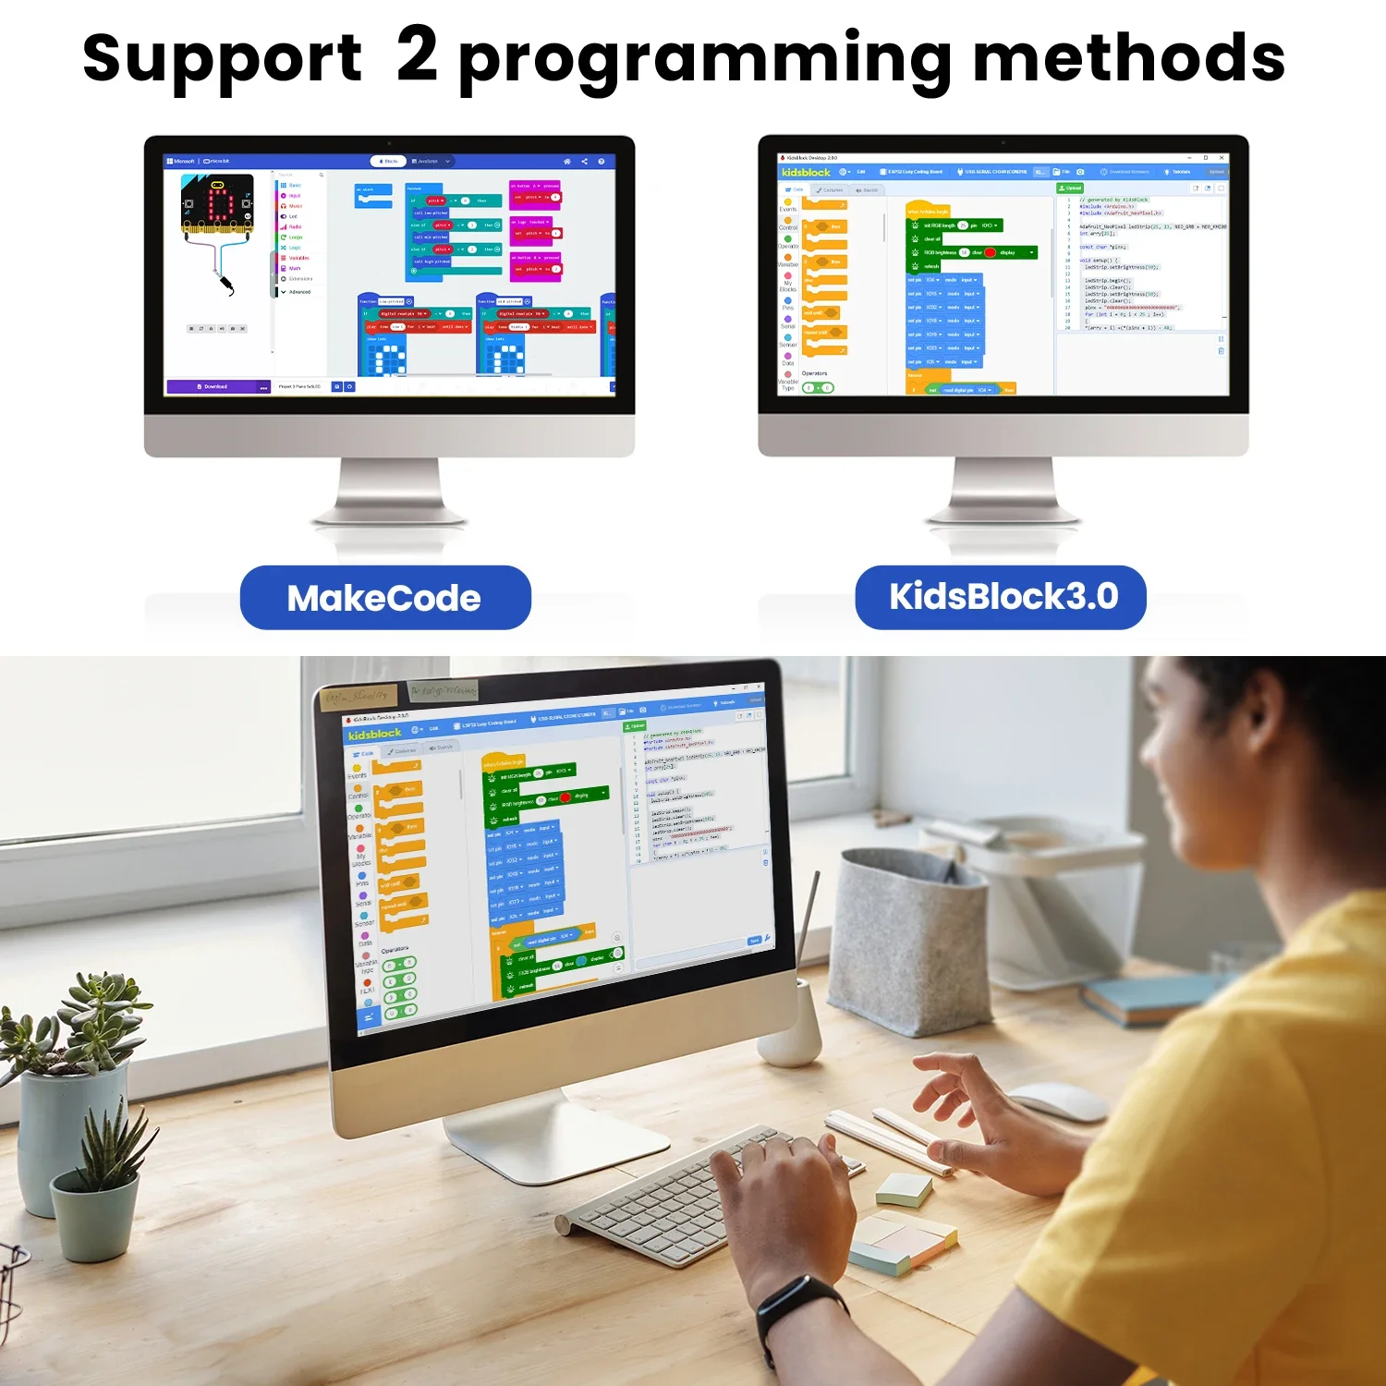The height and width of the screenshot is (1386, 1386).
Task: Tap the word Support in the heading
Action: point(222,59)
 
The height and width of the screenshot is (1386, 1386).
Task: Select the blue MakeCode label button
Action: point(385,598)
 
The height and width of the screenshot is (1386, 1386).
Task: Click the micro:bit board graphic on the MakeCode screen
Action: point(217,202)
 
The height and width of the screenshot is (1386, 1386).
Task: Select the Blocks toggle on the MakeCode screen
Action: point(388,161)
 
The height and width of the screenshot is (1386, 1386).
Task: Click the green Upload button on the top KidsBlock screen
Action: point(1070,188)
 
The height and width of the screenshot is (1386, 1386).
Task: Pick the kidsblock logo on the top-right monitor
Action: point(806,172)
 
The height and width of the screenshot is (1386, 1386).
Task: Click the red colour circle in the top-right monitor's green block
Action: point(991,252)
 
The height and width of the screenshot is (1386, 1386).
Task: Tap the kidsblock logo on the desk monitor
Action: point(374,734)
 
